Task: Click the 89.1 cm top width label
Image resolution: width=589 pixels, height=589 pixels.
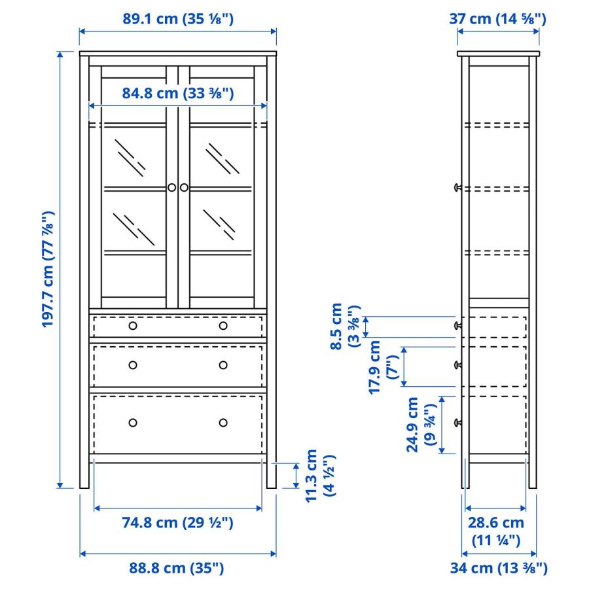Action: pos(178,19)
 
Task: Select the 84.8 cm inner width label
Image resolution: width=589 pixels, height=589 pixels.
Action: pos(178,93)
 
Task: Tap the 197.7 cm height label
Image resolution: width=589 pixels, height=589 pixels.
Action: pos(48,270)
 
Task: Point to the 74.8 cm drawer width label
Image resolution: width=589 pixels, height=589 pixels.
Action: pos(178,522)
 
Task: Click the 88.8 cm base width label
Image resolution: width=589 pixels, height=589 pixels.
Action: pos(177,568)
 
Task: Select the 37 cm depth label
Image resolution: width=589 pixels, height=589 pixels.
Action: pos(498,19)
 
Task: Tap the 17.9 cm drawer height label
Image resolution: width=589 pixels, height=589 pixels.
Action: pos(383,366)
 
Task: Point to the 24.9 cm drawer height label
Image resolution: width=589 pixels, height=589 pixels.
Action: pos(421,425)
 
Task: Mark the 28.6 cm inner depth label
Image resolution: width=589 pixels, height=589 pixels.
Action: pos(495,531)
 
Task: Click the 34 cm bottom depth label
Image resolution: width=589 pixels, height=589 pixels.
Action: pos(498,568)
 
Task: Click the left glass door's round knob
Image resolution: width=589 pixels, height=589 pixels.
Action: pos(171,188)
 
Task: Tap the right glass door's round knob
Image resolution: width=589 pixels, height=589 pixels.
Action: pos(184,188)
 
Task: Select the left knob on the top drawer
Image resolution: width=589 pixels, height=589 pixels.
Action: pos(133,326)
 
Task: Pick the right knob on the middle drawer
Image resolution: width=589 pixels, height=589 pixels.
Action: pos(223,365)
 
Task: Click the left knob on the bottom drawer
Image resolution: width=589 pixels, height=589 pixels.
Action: pos(133,422)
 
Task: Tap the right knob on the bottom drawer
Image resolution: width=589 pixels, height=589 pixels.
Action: pos(223,422)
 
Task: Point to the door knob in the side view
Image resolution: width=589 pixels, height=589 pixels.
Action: pos(457,188)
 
